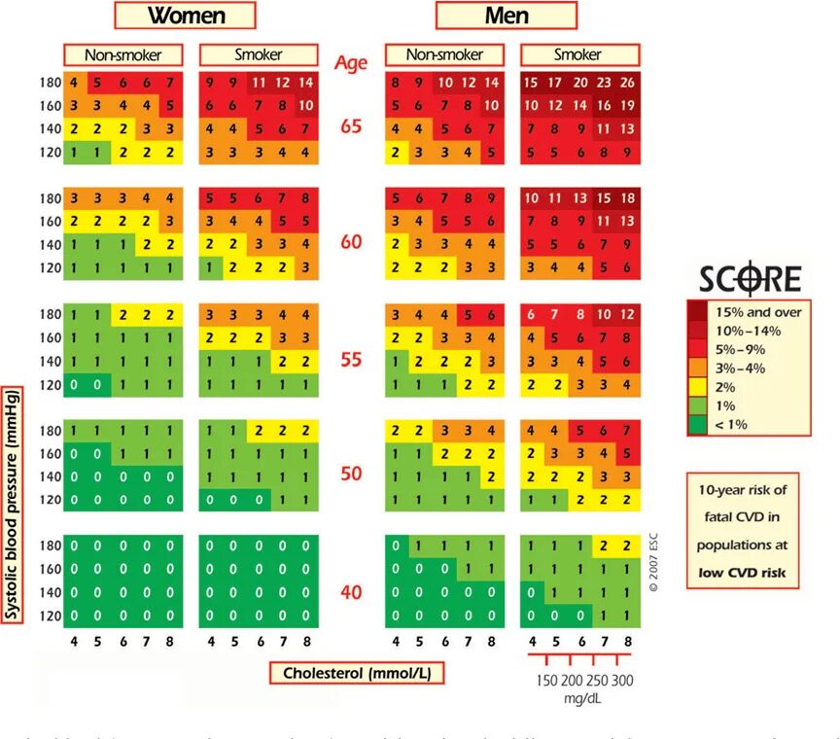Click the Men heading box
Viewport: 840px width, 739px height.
[506, 16]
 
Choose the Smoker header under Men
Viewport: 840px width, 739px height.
[577, 55]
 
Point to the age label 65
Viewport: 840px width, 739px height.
[351, 125]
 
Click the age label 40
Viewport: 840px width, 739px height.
[351, 592]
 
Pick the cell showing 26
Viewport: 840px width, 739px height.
[627, 84]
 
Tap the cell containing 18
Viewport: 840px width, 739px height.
[627, 198]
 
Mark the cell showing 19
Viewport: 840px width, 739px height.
[627, 106]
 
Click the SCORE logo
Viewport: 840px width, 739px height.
[752, 281]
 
